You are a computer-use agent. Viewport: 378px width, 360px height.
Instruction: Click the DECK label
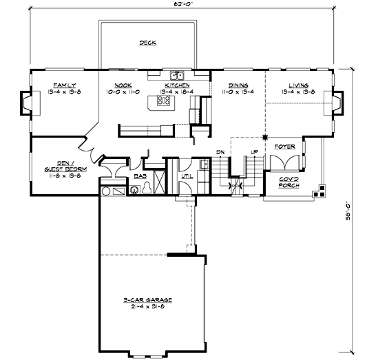pyautogui.click(x=147, y=43)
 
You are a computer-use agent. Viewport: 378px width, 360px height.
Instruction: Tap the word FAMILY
pyautogui.click(x=54, y=85)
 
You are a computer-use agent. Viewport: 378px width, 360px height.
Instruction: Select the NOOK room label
pyautogui.click(x=123, y=85)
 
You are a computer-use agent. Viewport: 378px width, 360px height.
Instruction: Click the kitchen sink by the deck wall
pyautogui.click(x=176, y=74)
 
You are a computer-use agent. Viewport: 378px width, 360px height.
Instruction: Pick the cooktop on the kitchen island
pyautogui.click(x=165, y=101)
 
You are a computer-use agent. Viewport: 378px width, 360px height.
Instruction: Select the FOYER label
pyautogui.click(x=284, y=147)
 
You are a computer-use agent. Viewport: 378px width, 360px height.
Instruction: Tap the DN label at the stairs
pyautogui.click(x=220, y=151)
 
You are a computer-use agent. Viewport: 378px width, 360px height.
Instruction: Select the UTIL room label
pyautogui.click(x=187, y=176)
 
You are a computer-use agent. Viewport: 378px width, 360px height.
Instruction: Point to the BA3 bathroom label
pyautogui.click(x=140, y=176)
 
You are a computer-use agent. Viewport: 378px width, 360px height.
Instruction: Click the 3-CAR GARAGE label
pyautogui.click(x=147, y=301)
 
